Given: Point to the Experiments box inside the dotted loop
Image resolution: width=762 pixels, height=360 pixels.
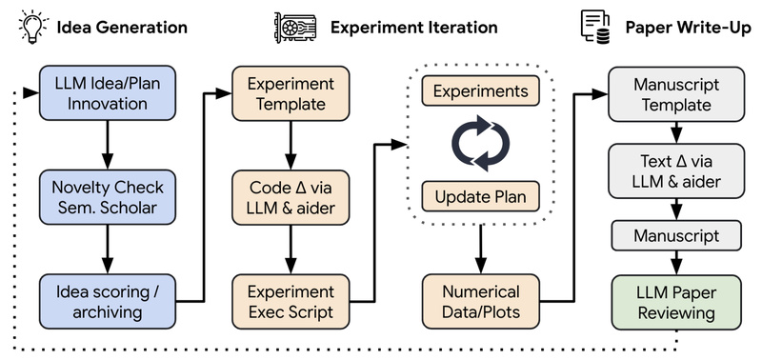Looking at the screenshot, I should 481,91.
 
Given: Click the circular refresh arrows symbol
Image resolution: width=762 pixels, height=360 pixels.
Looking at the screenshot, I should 481,145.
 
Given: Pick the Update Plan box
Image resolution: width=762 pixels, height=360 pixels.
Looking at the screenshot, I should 481,197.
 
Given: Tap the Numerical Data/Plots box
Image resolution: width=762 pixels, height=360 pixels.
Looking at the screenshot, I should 481,300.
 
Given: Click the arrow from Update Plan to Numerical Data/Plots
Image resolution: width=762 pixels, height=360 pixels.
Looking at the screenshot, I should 481,250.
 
